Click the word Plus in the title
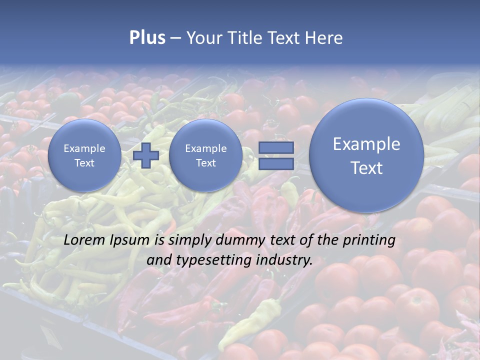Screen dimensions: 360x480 [x=147, y=38]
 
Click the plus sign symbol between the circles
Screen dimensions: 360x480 [x=146, y=155]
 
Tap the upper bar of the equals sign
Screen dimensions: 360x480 [x=276, y=147]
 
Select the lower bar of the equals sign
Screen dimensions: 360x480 [x=276, y=164]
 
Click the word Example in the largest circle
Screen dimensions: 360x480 [x=366, y=144]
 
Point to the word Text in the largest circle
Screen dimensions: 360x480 [x=366, y=168]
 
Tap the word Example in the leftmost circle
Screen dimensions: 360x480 [x=84, y=148]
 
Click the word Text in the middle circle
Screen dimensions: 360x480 [x=205, y=163]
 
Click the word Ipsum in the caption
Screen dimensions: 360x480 [x=129, y=240]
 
